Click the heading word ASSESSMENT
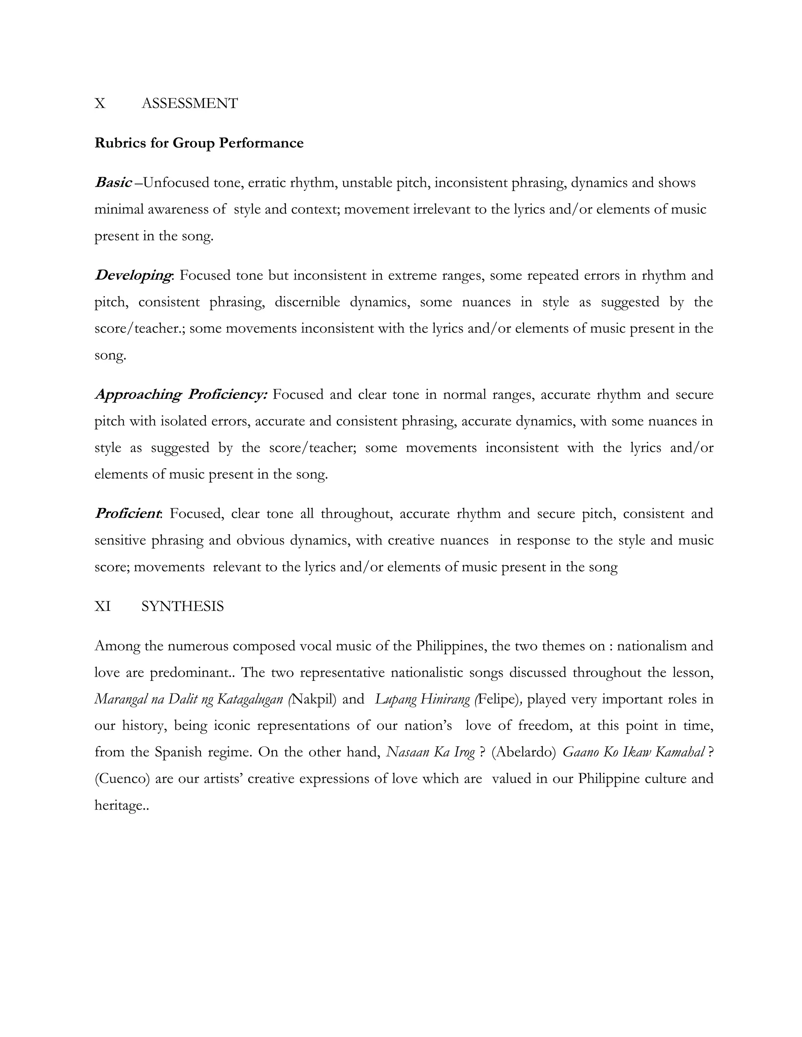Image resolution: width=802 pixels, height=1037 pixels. click(x=190, y=104)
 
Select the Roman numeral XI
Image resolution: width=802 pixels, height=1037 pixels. click(x=103, y=607)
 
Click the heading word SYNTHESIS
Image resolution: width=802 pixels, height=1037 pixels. click(x=182, y=607)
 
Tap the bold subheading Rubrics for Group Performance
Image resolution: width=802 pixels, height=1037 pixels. click(x=199, y=143)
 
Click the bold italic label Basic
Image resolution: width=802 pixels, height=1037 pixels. click(x=113, y=182)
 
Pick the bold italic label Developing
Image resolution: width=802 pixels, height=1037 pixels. click(x=133, y=275)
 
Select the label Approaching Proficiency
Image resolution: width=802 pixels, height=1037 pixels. click(x=181, y=394)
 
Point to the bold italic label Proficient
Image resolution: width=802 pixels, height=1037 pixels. click(x=128, y=514)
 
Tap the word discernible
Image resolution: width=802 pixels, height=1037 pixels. click(x=307, y=302)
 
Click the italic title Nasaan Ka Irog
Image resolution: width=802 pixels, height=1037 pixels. click(x=430, y=752)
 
